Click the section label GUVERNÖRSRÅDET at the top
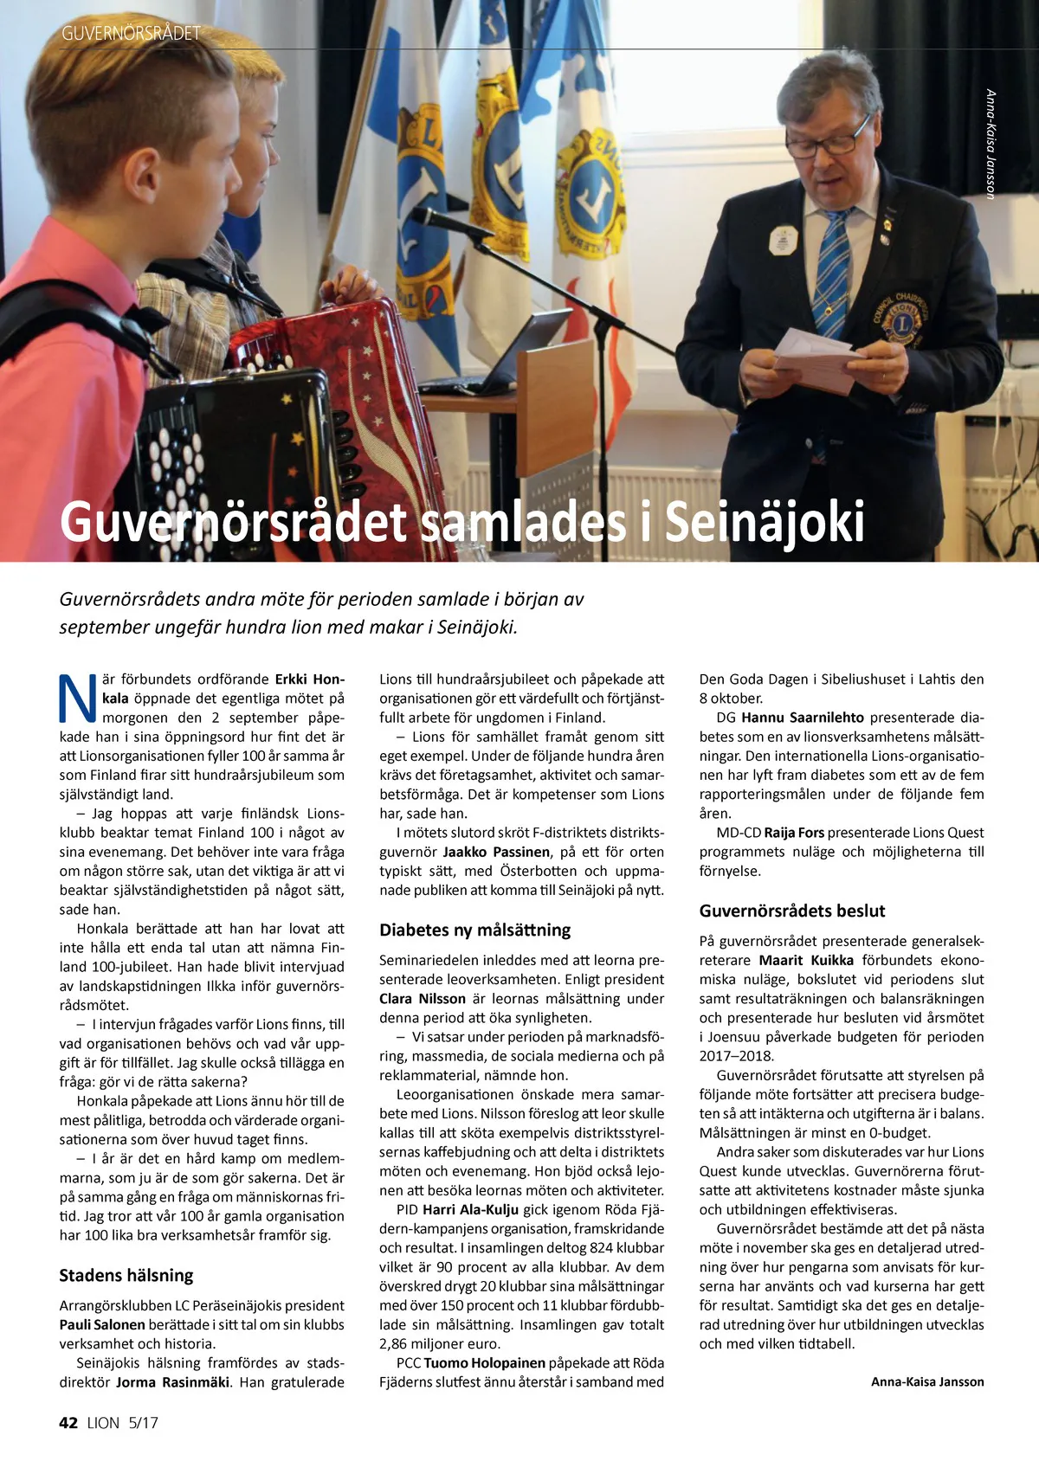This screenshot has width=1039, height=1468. (131, 34)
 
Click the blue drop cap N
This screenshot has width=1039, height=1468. (78, 699)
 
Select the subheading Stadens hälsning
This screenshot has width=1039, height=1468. (126, 1275)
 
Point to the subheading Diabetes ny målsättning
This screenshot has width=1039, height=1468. (474, 930)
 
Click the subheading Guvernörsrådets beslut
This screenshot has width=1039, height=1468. (792, 911)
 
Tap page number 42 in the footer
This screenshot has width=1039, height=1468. (68, 1423)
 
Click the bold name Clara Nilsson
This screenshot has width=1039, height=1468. (423, 998)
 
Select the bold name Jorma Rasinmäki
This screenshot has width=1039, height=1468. (173, 1381)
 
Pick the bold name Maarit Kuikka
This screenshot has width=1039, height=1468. (806, 960)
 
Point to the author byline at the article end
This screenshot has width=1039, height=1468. (927, 1381)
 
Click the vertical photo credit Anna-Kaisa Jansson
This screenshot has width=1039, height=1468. (991, 144)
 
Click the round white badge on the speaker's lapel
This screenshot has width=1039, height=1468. (783, 241)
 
